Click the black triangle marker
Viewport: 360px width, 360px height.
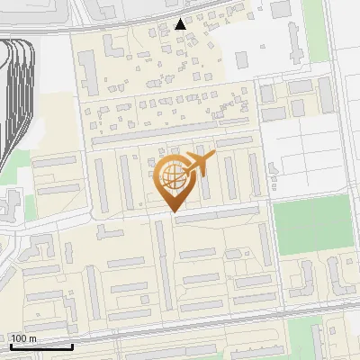tap(182, 24)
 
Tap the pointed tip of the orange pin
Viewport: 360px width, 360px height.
tap(171, 211)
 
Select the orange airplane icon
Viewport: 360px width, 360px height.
tap(200, 163)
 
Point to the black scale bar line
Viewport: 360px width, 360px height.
tap(41, 346)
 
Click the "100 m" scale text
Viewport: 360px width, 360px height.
tap(24, 337)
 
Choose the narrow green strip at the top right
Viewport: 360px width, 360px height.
tap(315, 31)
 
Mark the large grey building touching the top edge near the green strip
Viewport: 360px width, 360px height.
tap(279, 11)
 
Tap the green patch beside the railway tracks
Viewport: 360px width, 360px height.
tap(11, 166)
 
